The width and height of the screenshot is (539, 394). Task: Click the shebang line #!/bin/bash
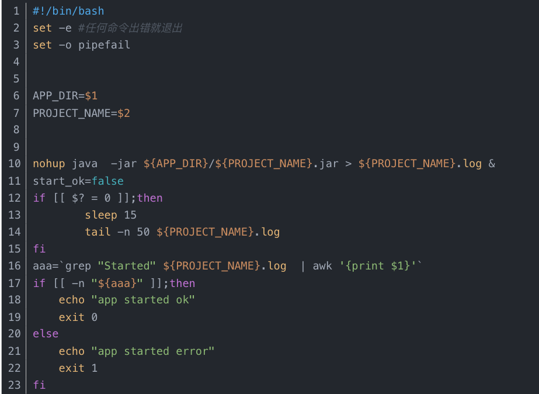click(x=68, y=11)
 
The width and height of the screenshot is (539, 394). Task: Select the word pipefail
click(x=104, y=45)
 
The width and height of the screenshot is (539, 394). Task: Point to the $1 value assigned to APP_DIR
click(x=91, y=96)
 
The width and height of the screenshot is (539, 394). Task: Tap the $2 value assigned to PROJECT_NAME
click(x=124, y=113)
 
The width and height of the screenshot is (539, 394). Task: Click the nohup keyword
click(x=49, y=164)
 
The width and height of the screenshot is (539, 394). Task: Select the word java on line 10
click(x=85, y=164)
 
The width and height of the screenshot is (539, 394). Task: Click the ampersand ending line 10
click(x=492, y=164)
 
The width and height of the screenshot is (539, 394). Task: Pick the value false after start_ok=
click(x=107, y=181)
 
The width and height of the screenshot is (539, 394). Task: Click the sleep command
click(x=101, y=215)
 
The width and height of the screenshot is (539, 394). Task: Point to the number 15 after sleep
click(x=130, y=215)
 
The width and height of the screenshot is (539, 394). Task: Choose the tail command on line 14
click(x=98, y=232)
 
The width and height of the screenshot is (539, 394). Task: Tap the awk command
click(x=322, y=266)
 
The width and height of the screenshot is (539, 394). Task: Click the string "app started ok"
click(x=143, y=300)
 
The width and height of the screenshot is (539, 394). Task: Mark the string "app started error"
click(x=153, y=351)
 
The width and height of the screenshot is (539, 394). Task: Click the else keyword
click(x=46, y=334)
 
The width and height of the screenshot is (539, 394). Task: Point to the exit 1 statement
click(x=78, y=368)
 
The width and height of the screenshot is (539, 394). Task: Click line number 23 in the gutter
click(x=14, y=385)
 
